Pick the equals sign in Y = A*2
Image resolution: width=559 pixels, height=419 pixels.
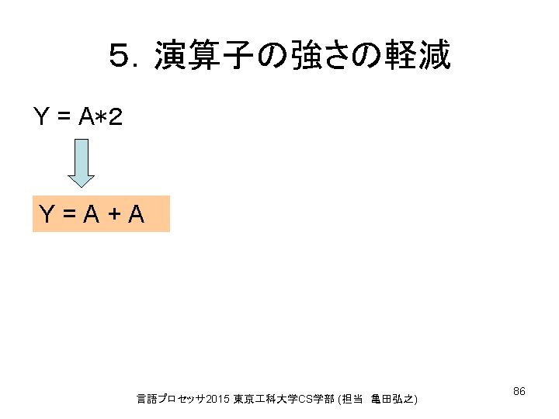(x=65, y=118)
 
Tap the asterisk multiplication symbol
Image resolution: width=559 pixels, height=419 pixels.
(x=102, y=118)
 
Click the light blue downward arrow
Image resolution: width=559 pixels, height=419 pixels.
(x=82, y=164)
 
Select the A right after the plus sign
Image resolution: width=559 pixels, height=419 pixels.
(x=137, y=213)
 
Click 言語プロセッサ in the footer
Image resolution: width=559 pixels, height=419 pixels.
(x=167, y=399)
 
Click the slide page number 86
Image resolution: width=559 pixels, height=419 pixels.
(x=519, y=392)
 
